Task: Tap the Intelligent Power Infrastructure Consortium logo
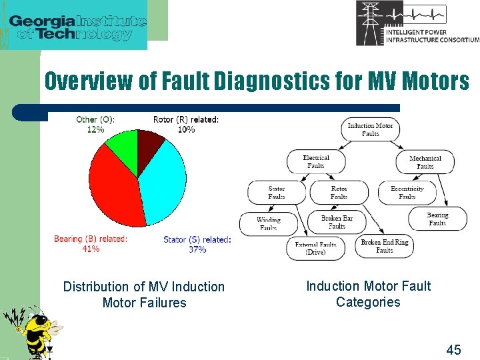[x=417, y=24]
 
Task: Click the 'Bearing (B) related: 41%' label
[x=91, y=244]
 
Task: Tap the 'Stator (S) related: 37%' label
[x=197, y=244]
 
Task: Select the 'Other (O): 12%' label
[x=95, y=125]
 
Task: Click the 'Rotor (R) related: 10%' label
[x=186, y=125]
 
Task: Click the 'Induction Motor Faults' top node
[x=370, y=129]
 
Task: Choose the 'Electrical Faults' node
[x=316, y=162]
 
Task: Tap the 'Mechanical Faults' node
[x=425, y=163]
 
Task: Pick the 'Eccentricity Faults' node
[x=407, y=193]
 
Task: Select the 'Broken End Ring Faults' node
[x=385, y=246]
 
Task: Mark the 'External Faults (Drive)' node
[x=315, y=249]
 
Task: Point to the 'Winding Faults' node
[x=269, y=223]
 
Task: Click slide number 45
[x=453, y=349]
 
